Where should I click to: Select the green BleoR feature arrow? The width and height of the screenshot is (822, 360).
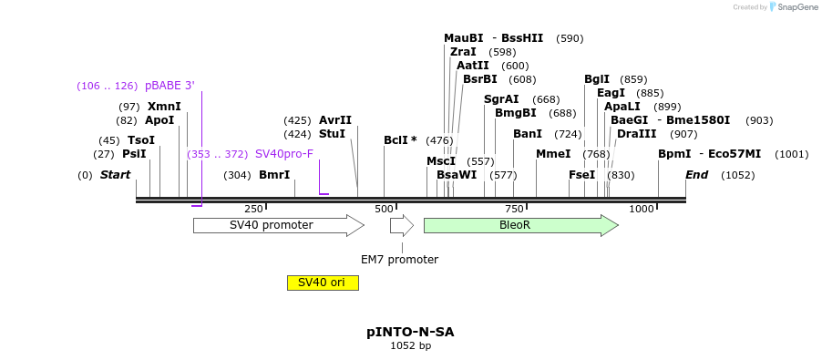click(520, 225)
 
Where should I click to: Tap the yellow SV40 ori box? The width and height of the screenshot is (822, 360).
click(323, 283)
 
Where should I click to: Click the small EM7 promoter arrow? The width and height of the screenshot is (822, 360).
click(401, 225)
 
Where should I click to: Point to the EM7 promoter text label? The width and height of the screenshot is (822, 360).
click(399, 260)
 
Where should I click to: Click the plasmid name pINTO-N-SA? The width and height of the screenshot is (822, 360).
click(410, 332)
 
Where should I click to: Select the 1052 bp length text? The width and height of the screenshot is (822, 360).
click(410, 346)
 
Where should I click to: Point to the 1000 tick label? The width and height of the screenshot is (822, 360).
click(642, 210)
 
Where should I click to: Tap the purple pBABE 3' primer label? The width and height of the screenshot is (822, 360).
click(170, 86)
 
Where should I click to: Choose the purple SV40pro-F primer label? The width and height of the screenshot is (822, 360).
click(284, 154)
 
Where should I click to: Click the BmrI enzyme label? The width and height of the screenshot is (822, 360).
click(274, 175)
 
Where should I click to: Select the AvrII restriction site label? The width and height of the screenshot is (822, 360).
click(335, 120)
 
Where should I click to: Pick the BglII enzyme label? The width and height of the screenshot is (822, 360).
click(597, 79)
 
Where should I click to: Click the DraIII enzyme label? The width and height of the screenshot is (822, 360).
click(636, 134)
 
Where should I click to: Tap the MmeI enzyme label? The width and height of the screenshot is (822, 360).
click(553, 154)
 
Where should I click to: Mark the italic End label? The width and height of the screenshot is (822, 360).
click(696, 175)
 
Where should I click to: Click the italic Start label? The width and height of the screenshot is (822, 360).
click(115, 175)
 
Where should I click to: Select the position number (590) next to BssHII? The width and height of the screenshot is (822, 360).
click(570, 38)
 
